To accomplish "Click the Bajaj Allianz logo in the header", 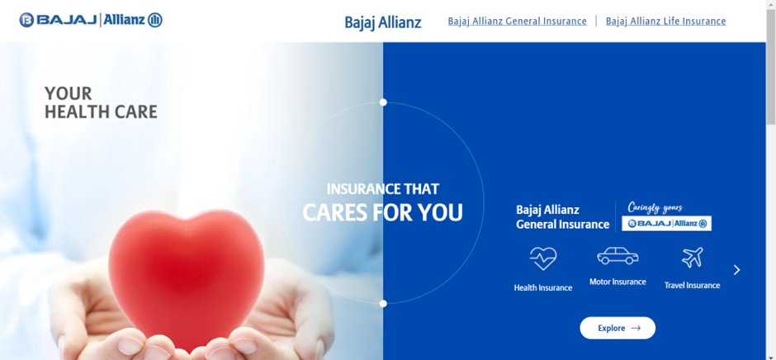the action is (91, 20).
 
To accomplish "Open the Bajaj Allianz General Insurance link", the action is (517, 21).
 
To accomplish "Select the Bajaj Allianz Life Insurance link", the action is (665, 21).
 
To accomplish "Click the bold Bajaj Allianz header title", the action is (382, 22).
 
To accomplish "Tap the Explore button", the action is (617, 328).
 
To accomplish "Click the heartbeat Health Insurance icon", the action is (543, 258).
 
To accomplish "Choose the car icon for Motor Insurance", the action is (617, 256).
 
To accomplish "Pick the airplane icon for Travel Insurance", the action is (693, 258).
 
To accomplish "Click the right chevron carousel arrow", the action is (737, 270).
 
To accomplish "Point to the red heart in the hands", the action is (186, 278).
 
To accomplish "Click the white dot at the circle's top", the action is (383, 102).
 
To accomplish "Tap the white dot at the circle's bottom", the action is (383, 304).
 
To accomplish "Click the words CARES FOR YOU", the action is (382, 212).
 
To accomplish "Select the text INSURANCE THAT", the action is (382, 189).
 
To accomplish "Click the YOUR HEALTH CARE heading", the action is (101, 102).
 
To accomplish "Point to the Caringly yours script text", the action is (655, 207).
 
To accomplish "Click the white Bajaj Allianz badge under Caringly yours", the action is (667, 223).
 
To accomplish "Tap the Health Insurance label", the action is (543, 287).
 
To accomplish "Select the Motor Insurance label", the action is (617, 282).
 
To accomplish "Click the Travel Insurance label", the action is (692, 285).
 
